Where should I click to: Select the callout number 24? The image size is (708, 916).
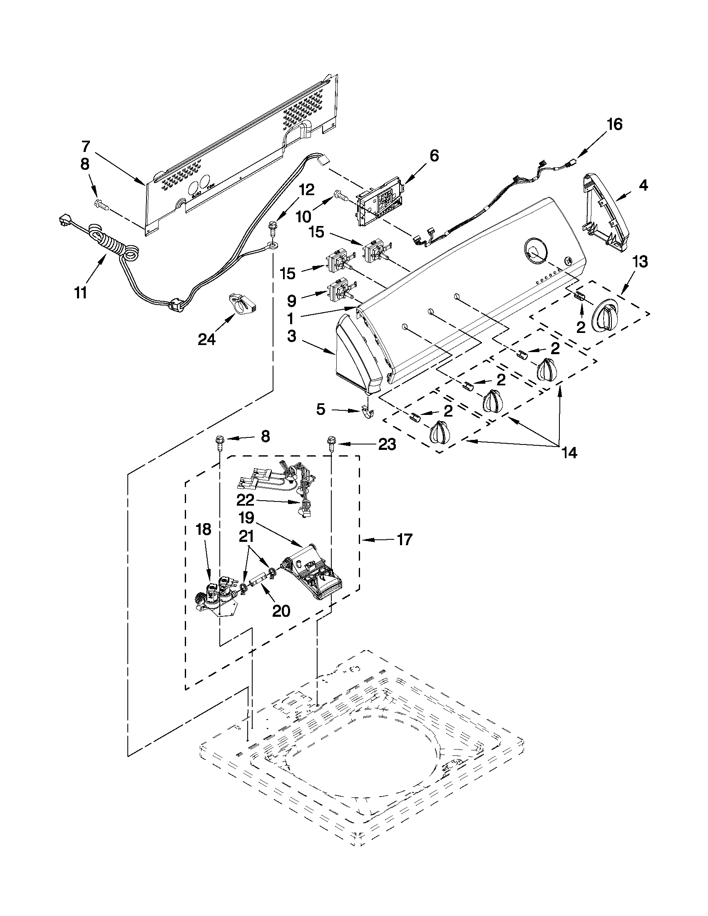click(207, 339)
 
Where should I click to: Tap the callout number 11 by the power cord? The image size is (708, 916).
click(80, 292)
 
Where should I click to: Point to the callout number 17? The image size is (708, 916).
click(405, 539)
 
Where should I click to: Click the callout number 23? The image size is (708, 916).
click(387, 444)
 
